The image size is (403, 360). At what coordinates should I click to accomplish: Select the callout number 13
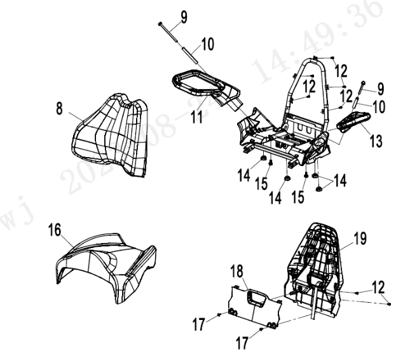point(378,141)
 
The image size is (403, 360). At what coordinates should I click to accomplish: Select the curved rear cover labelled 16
point(102,267)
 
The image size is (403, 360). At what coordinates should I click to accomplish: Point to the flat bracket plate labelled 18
point(254,304)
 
